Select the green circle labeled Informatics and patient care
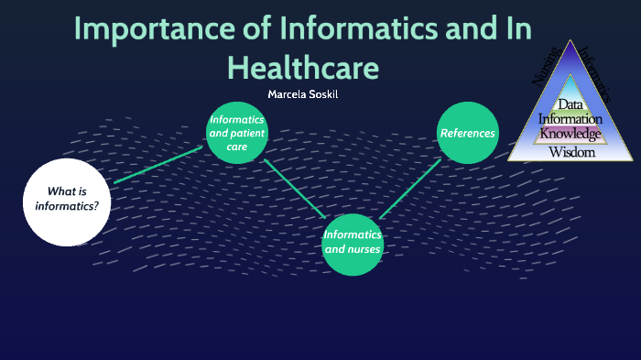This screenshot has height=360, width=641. tap(237, 133)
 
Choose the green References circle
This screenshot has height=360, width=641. tap(467, 133)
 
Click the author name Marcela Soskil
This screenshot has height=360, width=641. tap(301, 94)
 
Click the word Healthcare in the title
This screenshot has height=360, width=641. tap(302, 67)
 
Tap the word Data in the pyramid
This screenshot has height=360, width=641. tap(570, 104)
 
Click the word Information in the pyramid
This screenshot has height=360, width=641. tap(570, 119)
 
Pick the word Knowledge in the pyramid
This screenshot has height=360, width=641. tap(570, 134)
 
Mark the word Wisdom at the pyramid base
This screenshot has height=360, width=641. tap(571, 152)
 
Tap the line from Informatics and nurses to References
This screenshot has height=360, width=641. tap(410, 188)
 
